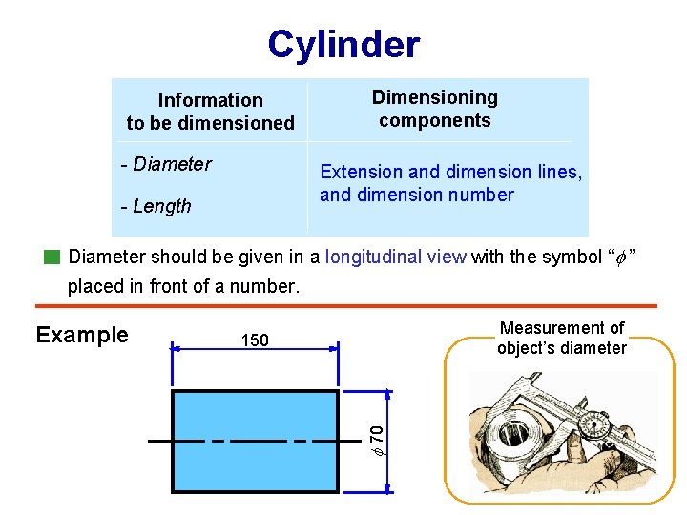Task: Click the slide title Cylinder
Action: tap(343, 44)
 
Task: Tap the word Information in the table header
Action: tap(210, 100)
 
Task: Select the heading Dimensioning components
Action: tap(434, 109)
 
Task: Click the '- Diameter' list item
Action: tap(167, 164)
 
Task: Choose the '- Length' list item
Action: tap(156, 206)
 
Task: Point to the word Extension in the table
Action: tap(361, 172)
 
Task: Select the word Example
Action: tap(82, 335)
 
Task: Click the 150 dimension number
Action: tap(255, 340)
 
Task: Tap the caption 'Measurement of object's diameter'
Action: tap(561, 338)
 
